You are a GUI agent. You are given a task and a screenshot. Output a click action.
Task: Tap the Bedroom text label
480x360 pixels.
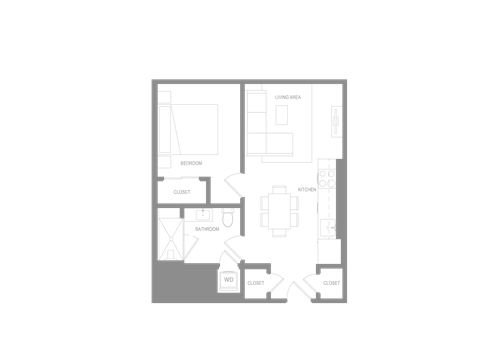[x=191, y=163]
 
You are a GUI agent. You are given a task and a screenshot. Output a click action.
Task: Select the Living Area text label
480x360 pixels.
[x=289, y=97]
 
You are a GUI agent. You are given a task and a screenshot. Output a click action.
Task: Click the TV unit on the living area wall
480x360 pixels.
[x=336, y=121]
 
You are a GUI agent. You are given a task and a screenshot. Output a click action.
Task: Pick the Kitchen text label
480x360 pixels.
[x=307, y=189]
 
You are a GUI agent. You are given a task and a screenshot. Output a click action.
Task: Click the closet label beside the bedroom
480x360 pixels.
[x=182, y=191]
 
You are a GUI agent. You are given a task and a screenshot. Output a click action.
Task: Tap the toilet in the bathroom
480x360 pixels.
[x=228, y=217]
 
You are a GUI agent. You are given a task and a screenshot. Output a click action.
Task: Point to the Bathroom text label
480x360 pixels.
[x=207, y=229]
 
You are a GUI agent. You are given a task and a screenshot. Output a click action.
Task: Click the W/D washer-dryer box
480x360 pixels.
[x=228, y=281]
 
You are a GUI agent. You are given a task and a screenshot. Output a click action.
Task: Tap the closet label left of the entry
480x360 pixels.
[x=256, y=283]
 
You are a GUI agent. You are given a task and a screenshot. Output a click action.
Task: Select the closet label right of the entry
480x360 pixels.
[x=331, y=283]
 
